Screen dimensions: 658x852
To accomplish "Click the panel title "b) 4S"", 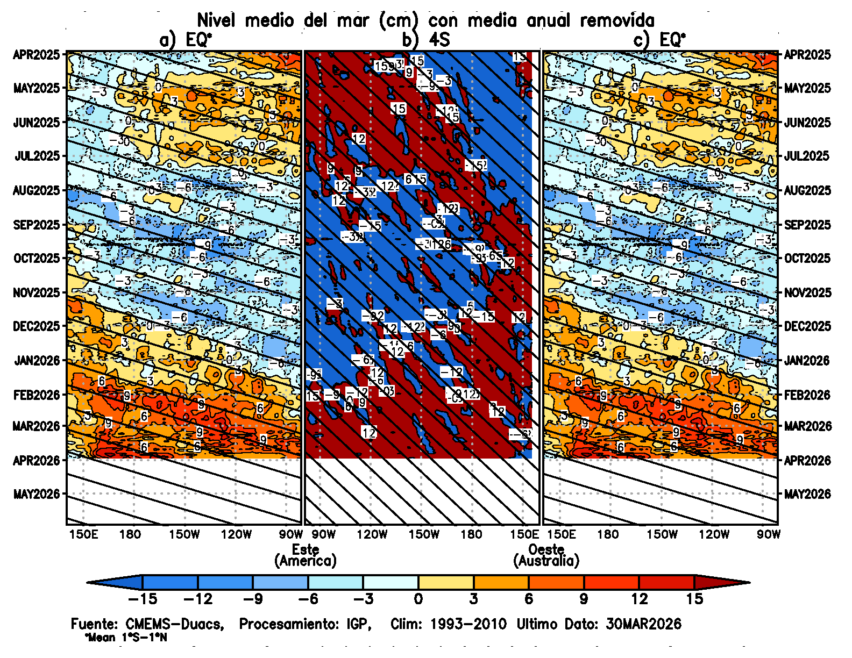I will tap(425, 39).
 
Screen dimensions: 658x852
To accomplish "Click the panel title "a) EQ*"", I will tap(186, 39).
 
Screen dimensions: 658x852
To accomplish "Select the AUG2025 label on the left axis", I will tap(36, 190).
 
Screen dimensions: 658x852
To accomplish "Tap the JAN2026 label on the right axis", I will tap(807, 360).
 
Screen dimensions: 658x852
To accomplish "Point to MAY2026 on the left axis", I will tap(36, 493).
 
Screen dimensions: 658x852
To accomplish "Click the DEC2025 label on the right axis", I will tap(807, 326).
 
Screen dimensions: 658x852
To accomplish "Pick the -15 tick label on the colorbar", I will tap(143, 599).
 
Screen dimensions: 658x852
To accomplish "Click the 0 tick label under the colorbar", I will tap(418, 599).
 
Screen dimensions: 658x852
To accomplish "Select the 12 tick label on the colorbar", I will tap(639, 599).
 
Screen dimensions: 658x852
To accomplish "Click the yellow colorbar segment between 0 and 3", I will tap(446, 582).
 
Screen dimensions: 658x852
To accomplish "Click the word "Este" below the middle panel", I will tap(306, 549).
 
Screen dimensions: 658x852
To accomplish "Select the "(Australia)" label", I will tap(546, 561).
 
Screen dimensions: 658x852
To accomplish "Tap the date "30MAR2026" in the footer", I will tap(643, 624).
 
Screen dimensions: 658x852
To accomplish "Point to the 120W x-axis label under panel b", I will tap(372, 534).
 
